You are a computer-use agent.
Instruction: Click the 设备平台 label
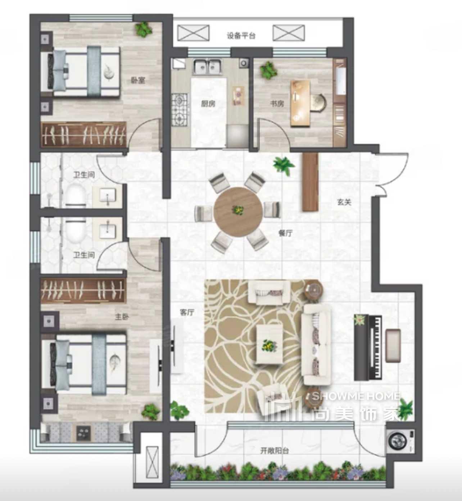[241, 36]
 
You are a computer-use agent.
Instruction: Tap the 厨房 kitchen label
[208, 104]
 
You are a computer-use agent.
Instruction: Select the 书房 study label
[277, 104]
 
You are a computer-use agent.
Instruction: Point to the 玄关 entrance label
[344, 202]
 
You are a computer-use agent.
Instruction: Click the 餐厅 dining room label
[285, 233]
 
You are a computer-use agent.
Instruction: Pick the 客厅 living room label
[187, 312]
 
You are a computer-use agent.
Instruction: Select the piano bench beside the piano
[393, 345]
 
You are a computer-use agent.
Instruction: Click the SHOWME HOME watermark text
[356, 396]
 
